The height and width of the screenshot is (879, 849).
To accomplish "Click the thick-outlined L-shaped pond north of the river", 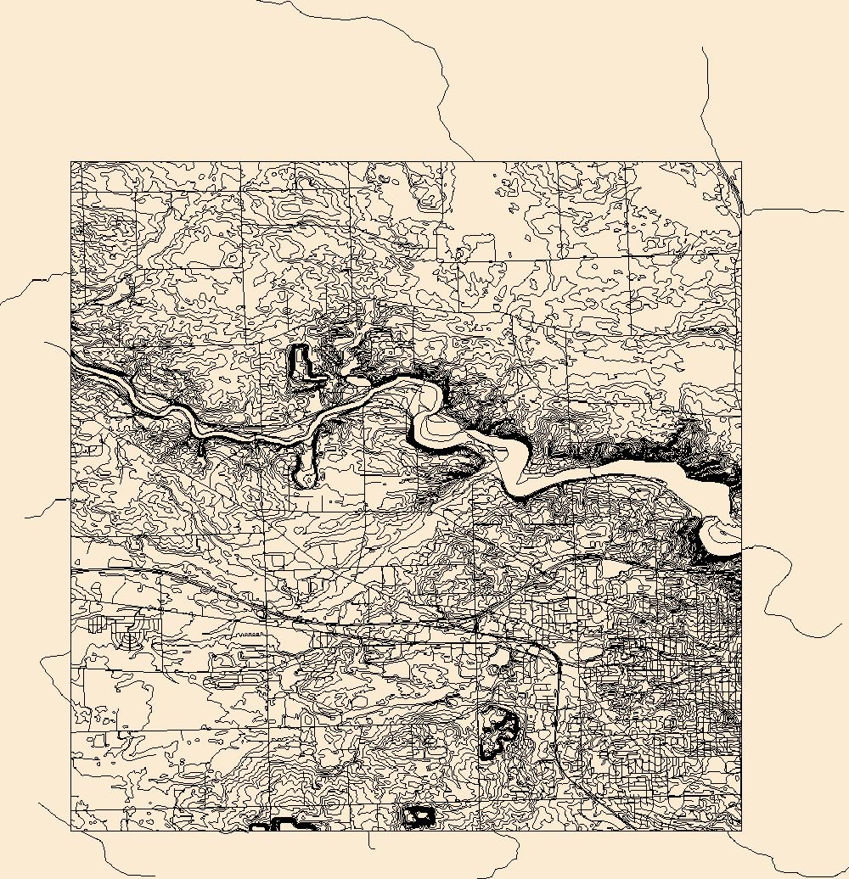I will tap(301, 363).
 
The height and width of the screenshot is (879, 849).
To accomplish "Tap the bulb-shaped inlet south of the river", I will tap(305, 472).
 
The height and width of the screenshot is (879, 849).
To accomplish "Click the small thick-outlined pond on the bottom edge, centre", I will tap(418, 816).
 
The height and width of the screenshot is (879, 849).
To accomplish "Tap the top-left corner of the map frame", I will tap(70, 161).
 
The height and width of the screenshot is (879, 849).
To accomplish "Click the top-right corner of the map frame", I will tap(741, 161).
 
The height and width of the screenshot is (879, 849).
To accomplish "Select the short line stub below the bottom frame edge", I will tap(370, 840).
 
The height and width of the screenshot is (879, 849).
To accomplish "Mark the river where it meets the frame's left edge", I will tap(72, 356).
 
